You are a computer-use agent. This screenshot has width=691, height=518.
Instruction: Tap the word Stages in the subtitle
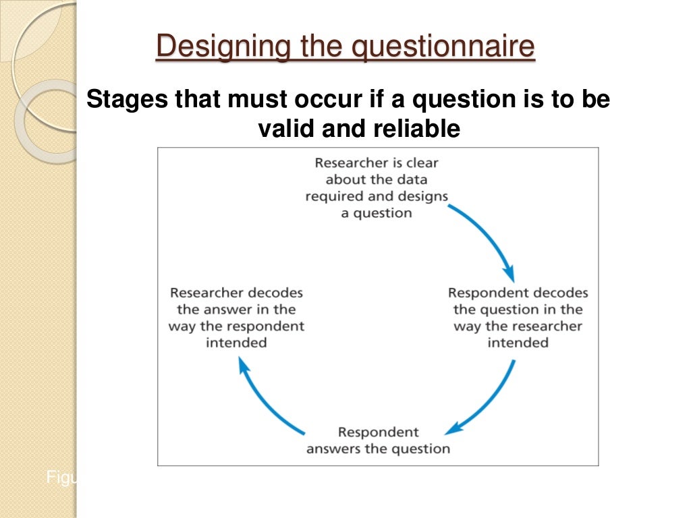pos(127,100)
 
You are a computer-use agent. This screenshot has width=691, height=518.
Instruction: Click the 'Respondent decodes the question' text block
pos(518,318)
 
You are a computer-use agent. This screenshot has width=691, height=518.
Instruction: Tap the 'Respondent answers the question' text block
pos(378,440)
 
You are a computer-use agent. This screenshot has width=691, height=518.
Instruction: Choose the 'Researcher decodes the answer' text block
pos(236,318)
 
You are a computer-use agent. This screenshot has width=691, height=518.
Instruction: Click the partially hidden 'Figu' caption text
pos(61,478)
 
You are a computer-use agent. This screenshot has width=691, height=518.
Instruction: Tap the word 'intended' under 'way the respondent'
pos(236,343)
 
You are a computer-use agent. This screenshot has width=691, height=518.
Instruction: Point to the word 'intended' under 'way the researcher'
pos(518,343)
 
